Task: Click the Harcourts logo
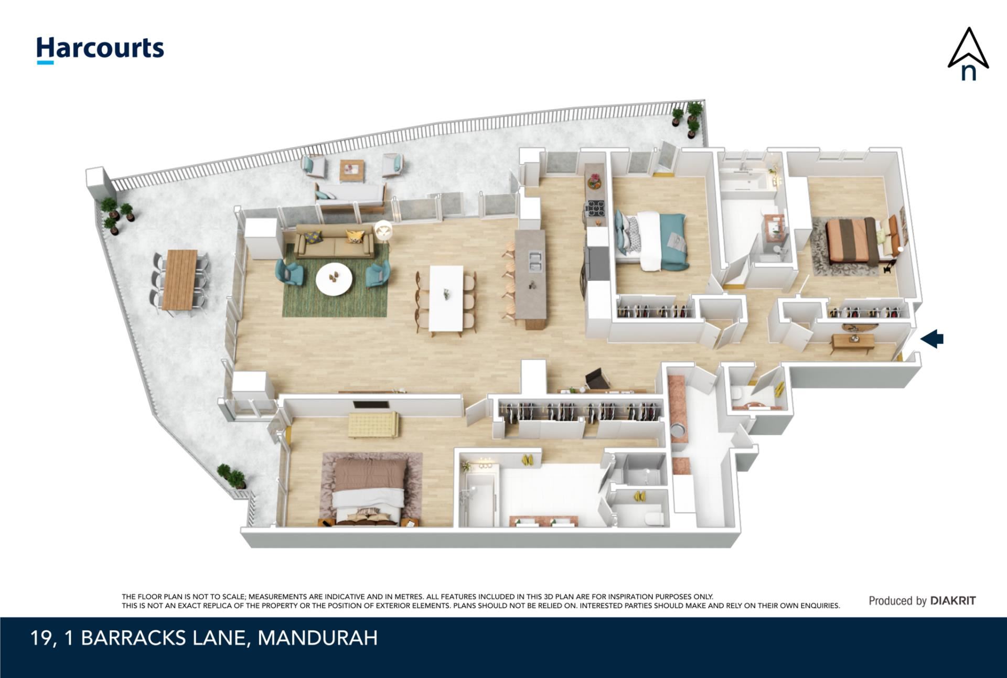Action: (x=100, y=50)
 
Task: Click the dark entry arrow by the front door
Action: (x=932, y=338)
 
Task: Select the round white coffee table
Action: (x=334, y=279)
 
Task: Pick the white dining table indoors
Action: (x=446, y=298)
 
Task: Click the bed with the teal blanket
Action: (x=651, y=240)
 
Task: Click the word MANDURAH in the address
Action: (x=318, y=638)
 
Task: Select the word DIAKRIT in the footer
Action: (x=953, y=601)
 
